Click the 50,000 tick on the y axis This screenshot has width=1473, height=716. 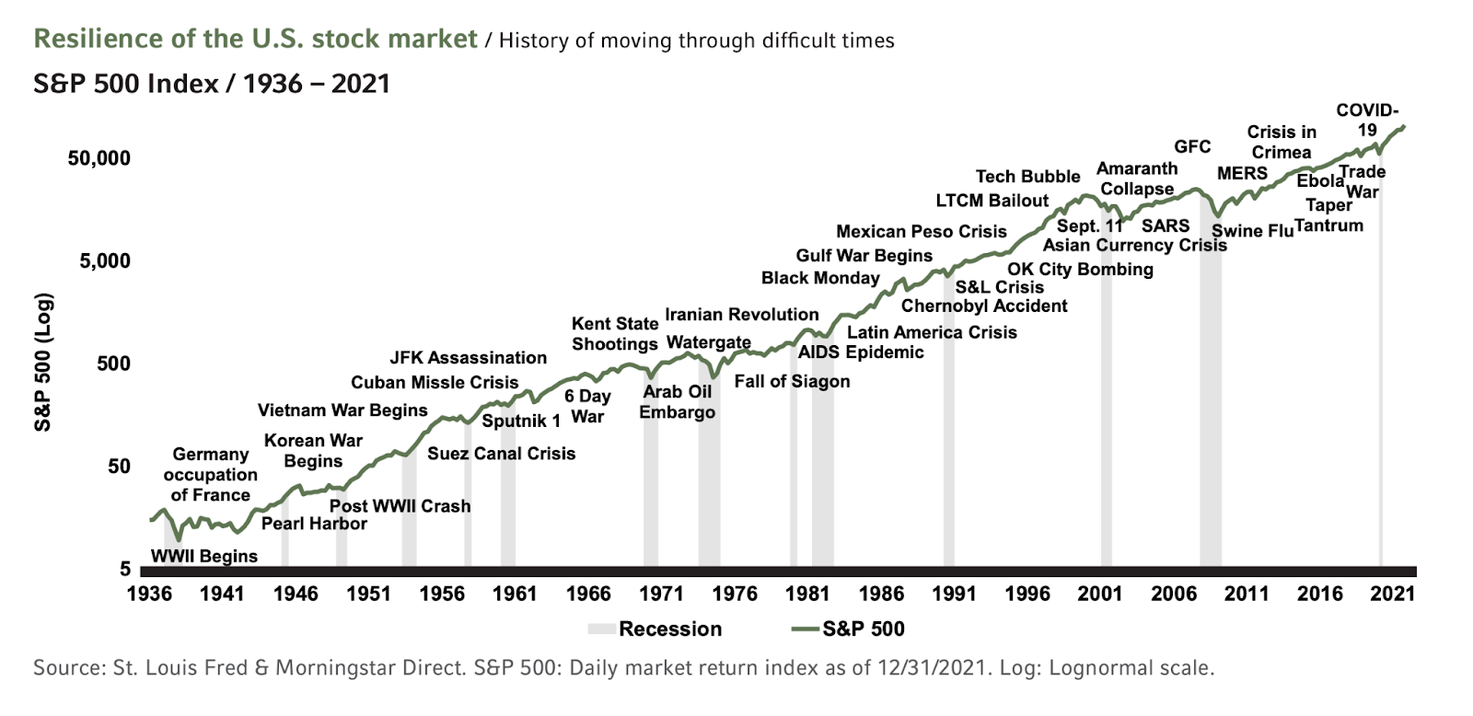pyautogui.click(x=99, y=158)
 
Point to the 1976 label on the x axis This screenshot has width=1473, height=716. pyautogui.click(x=735, y=594)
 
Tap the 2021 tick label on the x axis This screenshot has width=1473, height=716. pyautogui.click(x=1392, y=594)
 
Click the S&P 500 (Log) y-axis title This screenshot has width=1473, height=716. pyautogui.click(x=42, y=363)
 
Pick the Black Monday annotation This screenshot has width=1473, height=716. pyautogui.click(x=820, y=278)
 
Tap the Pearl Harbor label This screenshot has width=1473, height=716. pyautogui.click(x=314, y=524)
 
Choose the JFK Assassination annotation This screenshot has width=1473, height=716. pyautogui.click(x=468, y=358)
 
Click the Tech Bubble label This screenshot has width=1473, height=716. pyautogui.click(x=1027, y=177)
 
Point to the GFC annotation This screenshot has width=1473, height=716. pyautogui.click(x=1192, y=146)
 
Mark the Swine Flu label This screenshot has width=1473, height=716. pyautogui.click(x=1252, y=231)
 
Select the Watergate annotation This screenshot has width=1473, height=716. pyautogui.click(x=708, y=342)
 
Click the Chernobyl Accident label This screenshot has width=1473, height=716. pyautogui.click(x=984, y=306)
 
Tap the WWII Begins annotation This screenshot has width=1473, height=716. pyautogui.click(x=203, y=557)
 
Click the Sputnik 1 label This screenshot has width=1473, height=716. pyautogui.click(x=521, y=422)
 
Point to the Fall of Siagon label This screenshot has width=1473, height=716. pyautogui.click(x=792, y=381)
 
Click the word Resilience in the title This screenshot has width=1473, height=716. pyautogui.click(x=88, y=40)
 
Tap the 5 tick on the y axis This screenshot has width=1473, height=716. pyautogui.click(x=125, y=570)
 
